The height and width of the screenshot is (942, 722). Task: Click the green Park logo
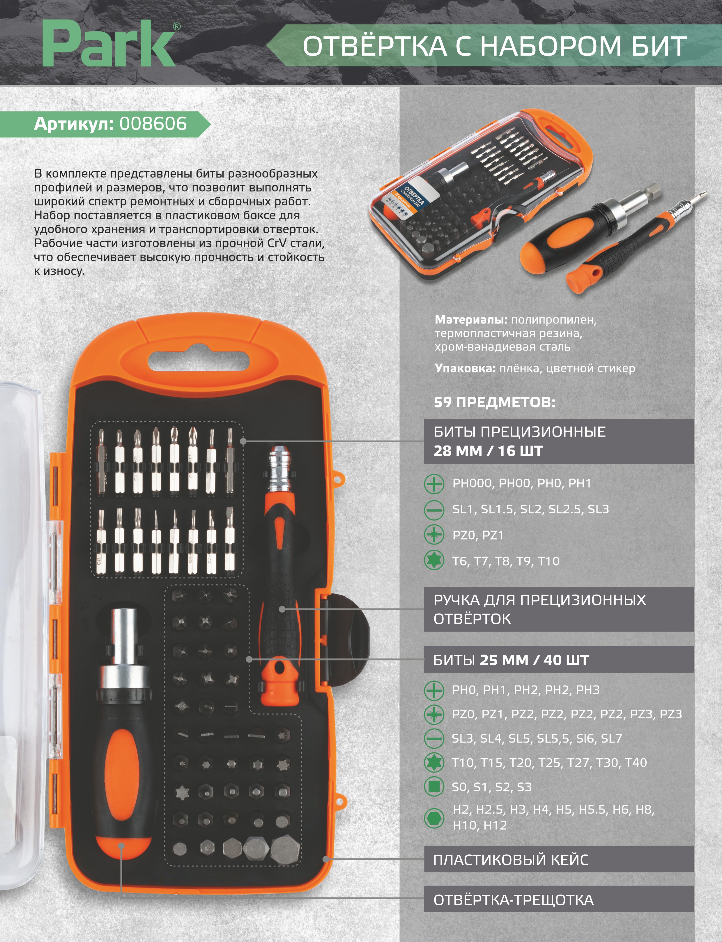(109, 45)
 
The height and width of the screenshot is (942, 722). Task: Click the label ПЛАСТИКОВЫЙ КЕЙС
(511, 860)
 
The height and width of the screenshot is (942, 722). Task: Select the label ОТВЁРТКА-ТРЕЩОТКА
(514, 899)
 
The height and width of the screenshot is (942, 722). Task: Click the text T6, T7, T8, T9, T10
(506, 561)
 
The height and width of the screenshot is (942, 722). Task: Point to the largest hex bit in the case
(285, 849)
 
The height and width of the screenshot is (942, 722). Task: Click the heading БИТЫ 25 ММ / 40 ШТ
(511, 660)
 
